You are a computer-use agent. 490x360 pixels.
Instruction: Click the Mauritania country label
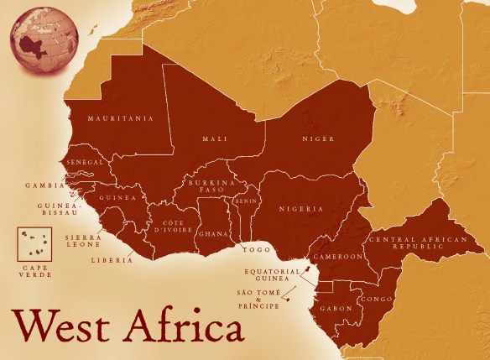click(121, 119)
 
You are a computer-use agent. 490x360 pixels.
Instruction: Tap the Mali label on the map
click(215, 138)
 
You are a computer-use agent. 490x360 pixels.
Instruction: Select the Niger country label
click(318, 138)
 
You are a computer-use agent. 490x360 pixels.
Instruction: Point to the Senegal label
click(86, 161)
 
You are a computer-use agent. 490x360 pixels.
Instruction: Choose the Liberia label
click(111, 260)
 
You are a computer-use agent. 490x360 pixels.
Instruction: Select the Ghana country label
click(211, 234)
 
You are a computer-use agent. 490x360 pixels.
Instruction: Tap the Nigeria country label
click(301, 208)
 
